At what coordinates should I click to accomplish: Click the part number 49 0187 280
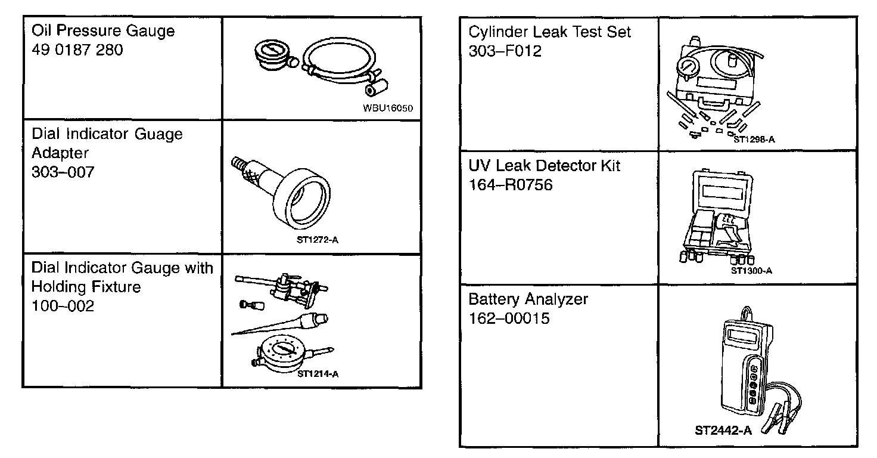(77, 50)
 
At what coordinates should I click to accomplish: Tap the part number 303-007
(63, 172)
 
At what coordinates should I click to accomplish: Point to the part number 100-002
(63, 307)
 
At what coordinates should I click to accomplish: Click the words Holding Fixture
(86, 287)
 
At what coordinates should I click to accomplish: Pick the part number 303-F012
(505, 51)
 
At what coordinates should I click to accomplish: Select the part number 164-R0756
(511, 185)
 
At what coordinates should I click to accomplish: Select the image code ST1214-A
(318, 375)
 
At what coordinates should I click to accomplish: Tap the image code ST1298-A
(754, 140)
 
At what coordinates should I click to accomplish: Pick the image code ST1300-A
(751, 271)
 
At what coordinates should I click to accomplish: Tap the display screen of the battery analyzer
(743, 338)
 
